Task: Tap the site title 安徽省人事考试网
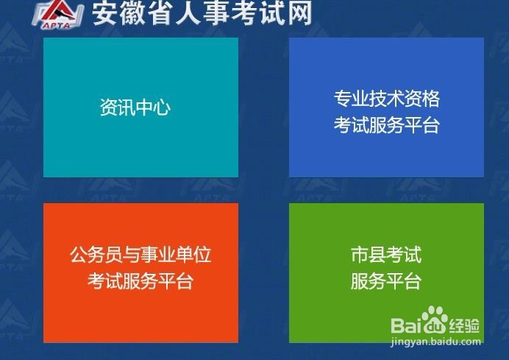tap(202, 13)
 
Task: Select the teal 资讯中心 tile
tap(141, 107)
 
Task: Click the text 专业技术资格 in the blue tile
tap(387, 99)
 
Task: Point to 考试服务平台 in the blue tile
tap(387, 125)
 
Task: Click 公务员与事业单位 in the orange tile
tap(141, 255)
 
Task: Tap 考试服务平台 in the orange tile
tap(141, 281)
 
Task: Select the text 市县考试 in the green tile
tap(386, 255)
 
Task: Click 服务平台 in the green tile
tap(386, 281)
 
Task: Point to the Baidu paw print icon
tap(434, 320)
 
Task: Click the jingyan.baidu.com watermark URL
tap(436, 342)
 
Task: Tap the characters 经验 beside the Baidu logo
tap(465, 325)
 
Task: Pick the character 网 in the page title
tap(300, 13)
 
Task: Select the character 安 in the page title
tap(104, 13)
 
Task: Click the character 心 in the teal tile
tap(163, 107)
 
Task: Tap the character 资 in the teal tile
tap(109, 107)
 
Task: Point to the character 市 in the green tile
tap(360, 255)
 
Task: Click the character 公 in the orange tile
tap(79, 255)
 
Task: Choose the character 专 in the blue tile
tap(343, 99)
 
